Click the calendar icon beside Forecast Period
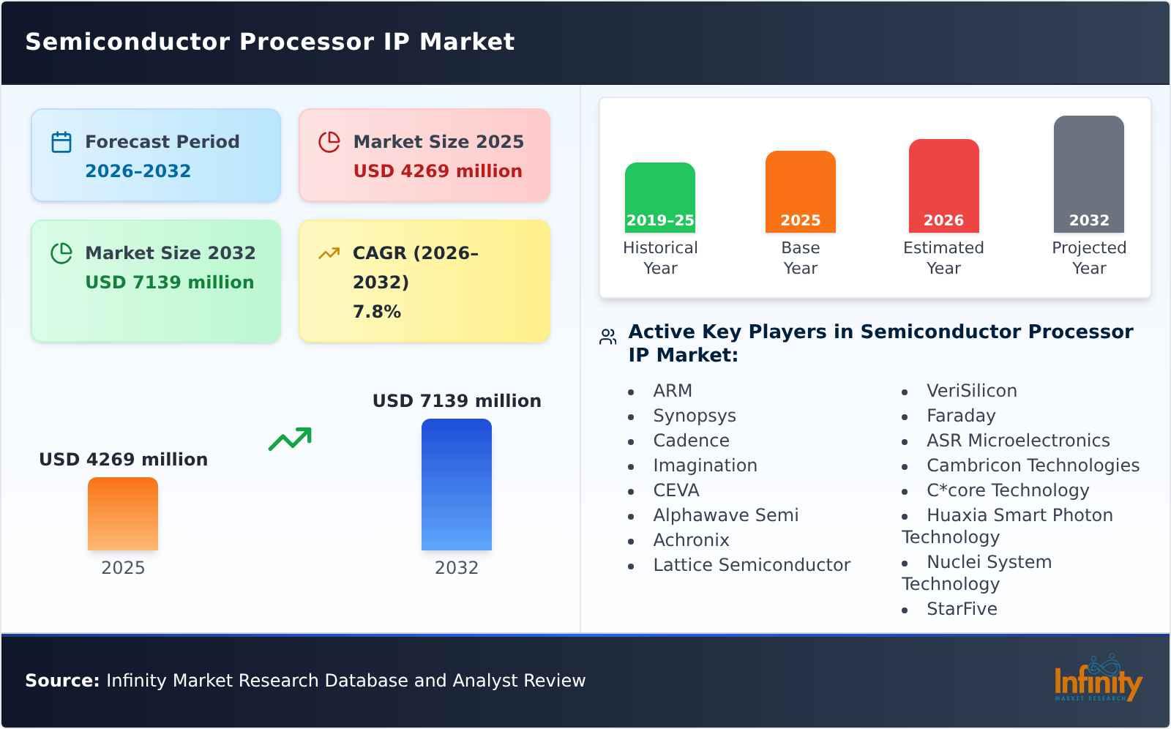pyautogui.click(x=61, y=142)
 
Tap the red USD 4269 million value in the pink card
pyautogui.click(x=438, y=171)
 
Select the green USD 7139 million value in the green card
pyautogui.click(x=169, y=283)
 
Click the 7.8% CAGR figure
pyautogui.click(x=376, y=312)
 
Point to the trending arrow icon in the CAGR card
pyautogui.click(x=329, y=253)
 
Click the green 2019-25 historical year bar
pyautogui.click(x=659, y=198)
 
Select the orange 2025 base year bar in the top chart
pyautogui.click(x=800, y=192)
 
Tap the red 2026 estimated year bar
pyautogui.click(x=943, y=186)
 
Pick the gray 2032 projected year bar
pyautogui.click(x=1088, y=174)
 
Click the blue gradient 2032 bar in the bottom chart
pyautogui.click(x=456, y=485)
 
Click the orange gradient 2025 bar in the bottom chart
pyautogui.click(x=123, y=514)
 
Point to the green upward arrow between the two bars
pyautogui.click(x=290, y=439)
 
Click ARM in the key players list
pyautogui.click(x=672, y=391)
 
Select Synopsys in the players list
pyautogui.click(x=694, y=416)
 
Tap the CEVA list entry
pyautogui.click(x=676, y=490)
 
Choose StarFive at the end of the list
pyautogui.click(x=961, y=609)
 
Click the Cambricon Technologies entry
pyautogui.click(x=1032, y=466)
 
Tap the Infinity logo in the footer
pyautogui.click(x=1097, y=680)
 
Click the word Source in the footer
pyautogui.click(x=61, y=681)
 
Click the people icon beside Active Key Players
pyautogui.click(x=607, y=337)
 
